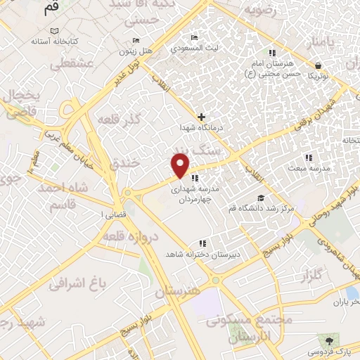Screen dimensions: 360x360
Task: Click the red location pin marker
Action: (x=181, y=165)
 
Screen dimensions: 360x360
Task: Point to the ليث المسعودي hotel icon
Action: (x=194, y=38)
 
